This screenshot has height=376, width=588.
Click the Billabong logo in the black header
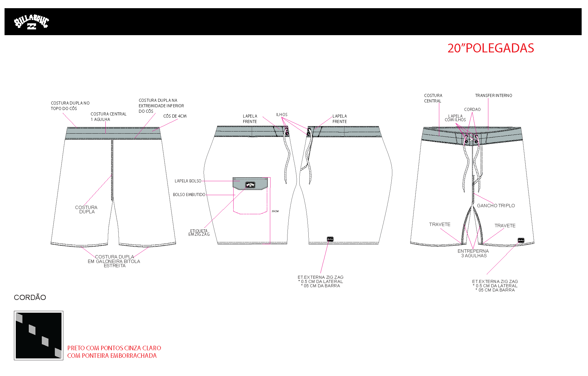[31, 22]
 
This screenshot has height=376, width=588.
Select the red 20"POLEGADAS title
[491, 48]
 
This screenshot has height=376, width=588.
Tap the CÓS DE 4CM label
[175, 116]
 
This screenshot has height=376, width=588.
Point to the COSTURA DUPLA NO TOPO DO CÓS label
[70, 106]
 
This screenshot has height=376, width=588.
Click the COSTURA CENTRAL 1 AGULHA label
[108, 117]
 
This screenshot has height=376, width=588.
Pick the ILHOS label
[282, 115]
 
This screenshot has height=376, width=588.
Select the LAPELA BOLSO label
[188, 181]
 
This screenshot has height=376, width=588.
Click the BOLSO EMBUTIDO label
[189, 195]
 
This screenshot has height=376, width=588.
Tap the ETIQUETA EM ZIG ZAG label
[199, 232]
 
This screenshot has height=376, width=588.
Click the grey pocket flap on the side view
[250, 183]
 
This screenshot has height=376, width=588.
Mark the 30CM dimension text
[275, 211]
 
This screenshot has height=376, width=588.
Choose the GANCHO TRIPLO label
[496, 205]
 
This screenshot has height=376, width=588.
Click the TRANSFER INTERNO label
[493, 95]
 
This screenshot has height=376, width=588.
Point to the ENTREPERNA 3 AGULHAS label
[473, 253]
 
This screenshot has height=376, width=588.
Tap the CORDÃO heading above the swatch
[30, 297]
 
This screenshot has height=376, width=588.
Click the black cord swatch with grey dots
[38, 335]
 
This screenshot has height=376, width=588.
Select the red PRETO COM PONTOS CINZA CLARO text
[114, 348]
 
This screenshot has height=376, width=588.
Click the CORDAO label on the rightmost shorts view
[472, 109]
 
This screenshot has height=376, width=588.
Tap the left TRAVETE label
[440, 224]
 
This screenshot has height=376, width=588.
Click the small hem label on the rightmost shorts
[521, 241]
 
